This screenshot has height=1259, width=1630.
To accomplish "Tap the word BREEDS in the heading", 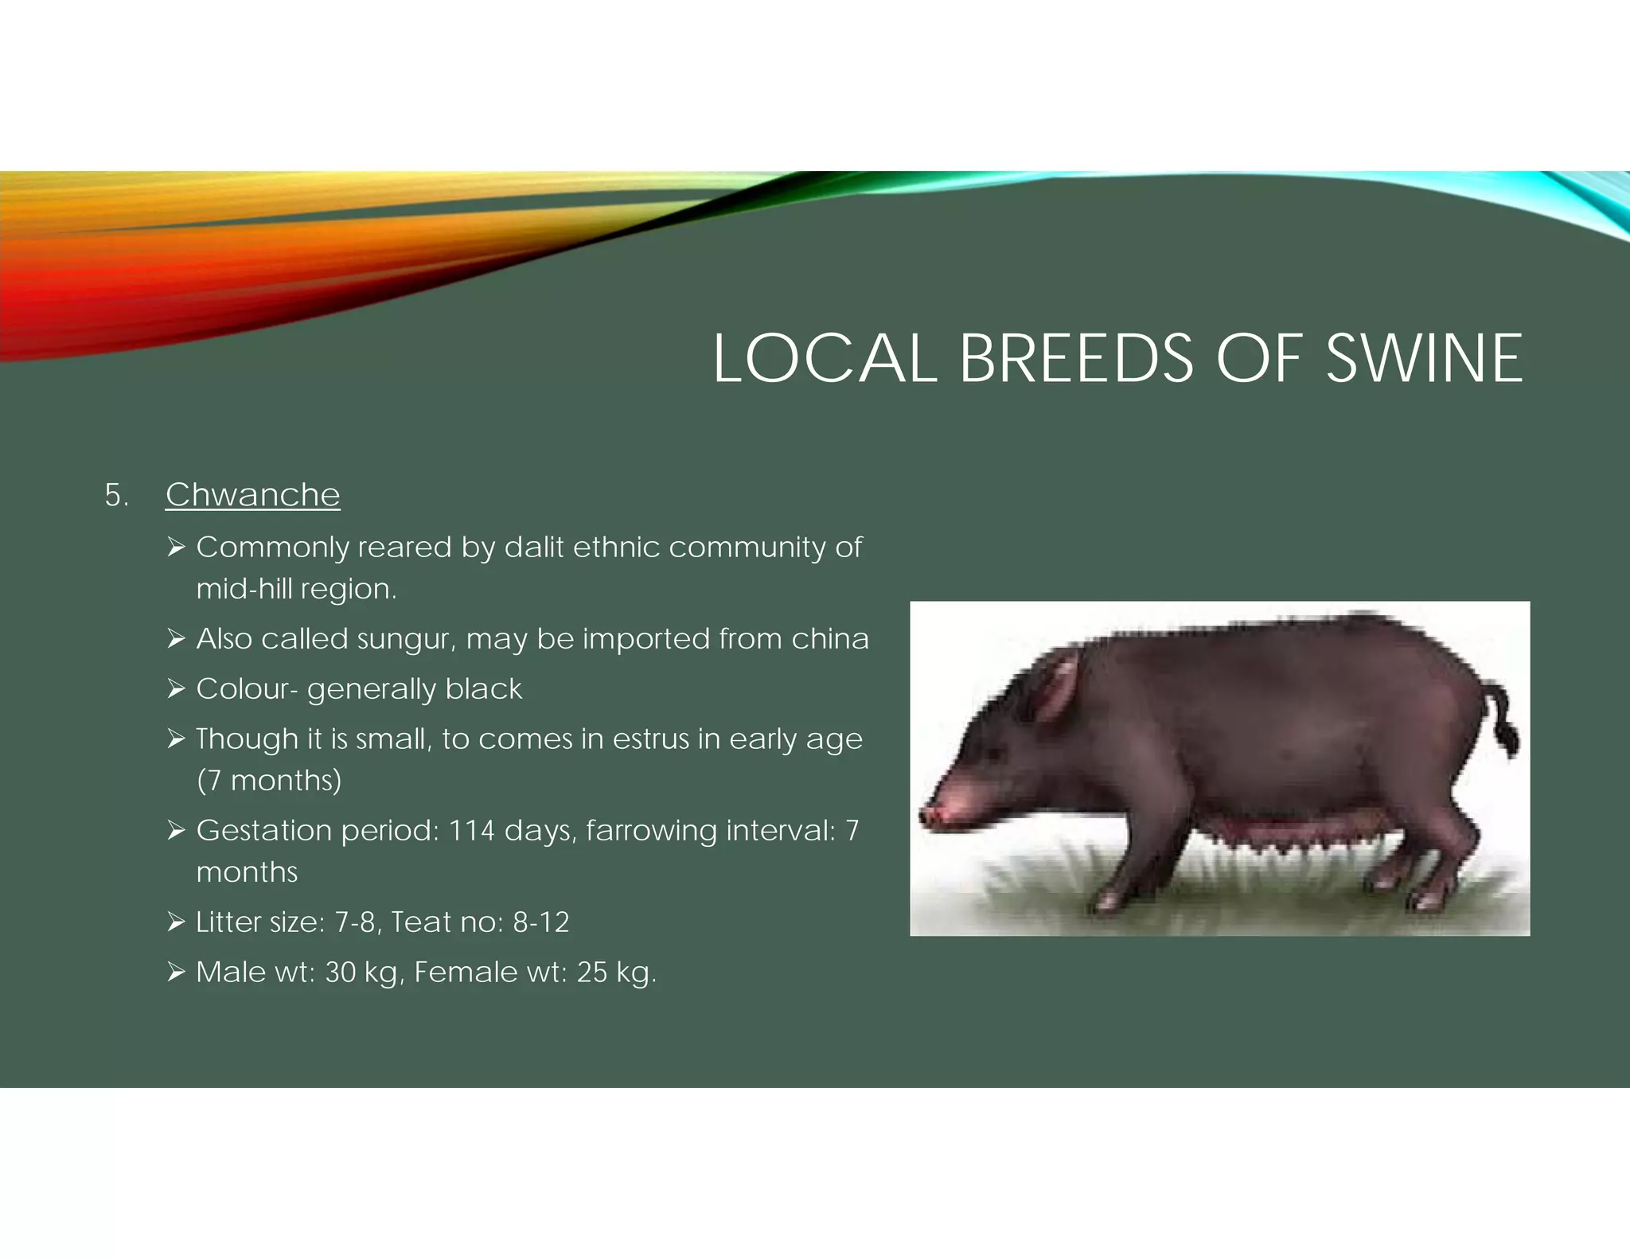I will [1076, 358].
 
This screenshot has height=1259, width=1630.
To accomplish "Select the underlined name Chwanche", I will [252, 495].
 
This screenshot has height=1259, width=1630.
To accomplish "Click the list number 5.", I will [115, 496].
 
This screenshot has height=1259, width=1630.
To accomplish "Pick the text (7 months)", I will [269, 781].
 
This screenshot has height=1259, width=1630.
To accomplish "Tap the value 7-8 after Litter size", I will [354, 922].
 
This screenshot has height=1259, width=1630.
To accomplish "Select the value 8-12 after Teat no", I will [540, 922].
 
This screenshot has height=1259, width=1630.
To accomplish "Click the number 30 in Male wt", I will [341, 973].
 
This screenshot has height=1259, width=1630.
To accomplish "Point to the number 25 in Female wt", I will [592, 973].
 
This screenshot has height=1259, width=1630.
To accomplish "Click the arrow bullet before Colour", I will [176, 688].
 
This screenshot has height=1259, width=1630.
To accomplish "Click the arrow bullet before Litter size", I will [176, 922].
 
